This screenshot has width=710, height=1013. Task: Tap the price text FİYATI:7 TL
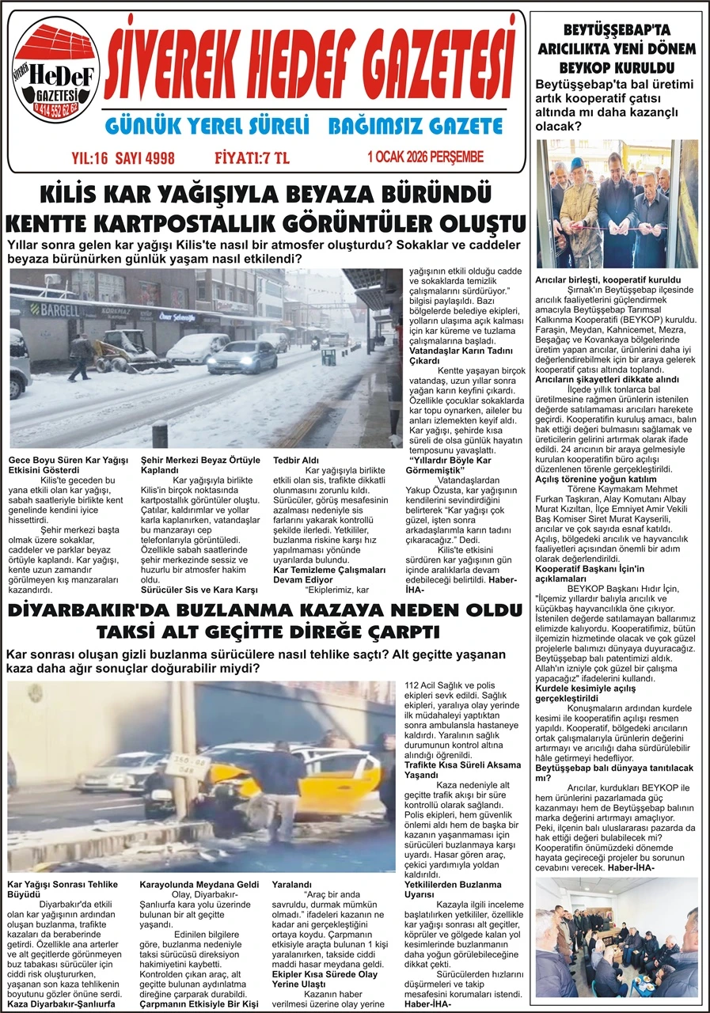pyautogui.click(x=252, y=157)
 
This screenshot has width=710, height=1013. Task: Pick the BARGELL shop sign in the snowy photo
pyautogui.click(x=61, y=309)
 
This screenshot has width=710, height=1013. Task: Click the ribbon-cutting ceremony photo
pyautogui.click(x=617, y=203)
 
